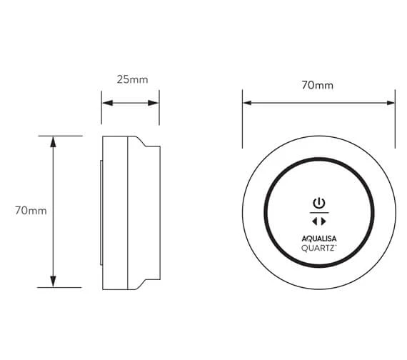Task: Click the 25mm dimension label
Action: (x=132, y=79)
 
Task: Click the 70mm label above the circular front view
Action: (x=318, y=85)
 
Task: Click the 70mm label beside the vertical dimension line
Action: (x=31, y=211)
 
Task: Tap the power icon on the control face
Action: (x=319, y=203)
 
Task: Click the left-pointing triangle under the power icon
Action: (x=315, y=221)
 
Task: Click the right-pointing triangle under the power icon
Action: (x=323, y=221)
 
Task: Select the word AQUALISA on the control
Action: (x=319, y=239)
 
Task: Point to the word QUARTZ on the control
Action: (x=318, y=249)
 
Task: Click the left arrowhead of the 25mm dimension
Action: (x=107, y=103)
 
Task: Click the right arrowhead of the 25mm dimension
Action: (x=153, y=103)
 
